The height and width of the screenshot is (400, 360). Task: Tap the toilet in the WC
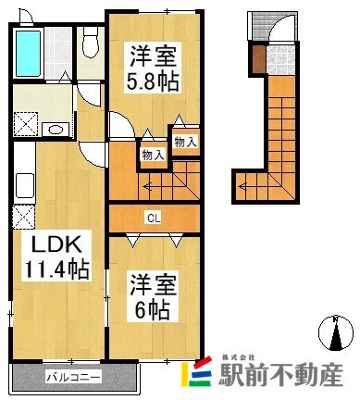point(91,41)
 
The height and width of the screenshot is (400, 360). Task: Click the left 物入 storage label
point(153,155)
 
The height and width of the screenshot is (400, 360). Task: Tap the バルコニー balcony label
point(74,378)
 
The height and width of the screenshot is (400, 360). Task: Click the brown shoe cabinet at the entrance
point(256,58)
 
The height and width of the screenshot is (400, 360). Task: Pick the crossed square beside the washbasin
point(25,127)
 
